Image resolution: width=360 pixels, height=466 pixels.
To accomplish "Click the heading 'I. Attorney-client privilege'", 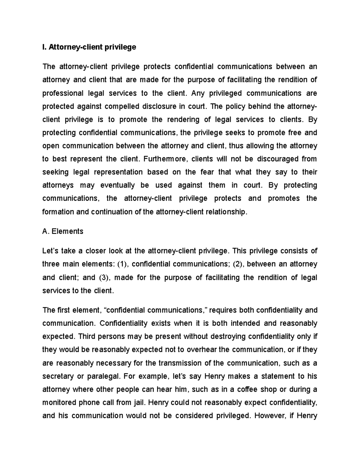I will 89,47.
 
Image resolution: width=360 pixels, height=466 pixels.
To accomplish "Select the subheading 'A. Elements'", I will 63,231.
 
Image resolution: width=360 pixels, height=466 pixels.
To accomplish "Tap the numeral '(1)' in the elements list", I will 122,264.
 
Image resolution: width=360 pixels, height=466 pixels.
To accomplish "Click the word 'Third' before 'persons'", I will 86,336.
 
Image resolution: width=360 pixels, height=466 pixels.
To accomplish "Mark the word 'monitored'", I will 59,403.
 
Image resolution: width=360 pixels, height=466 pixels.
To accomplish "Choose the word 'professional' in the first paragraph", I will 62,93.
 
